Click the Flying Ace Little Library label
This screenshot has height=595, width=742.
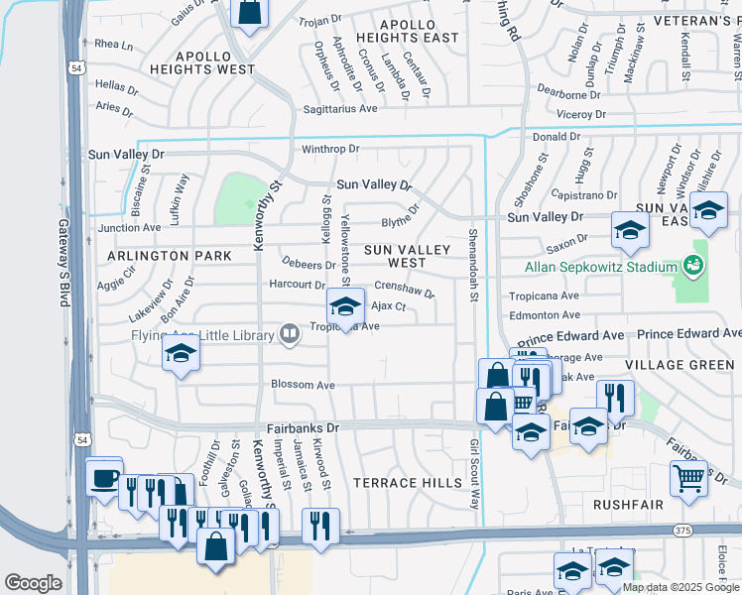pyautogui.click(x=201, y=335)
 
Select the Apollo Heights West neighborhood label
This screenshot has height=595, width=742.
pyautogui.click(x=202, y=63)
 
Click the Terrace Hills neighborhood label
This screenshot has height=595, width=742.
pyautogui.click(x=408, y=483)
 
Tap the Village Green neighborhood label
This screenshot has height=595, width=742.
pyautogui.click(x=688, y=365)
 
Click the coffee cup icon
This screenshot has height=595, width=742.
pyautogui.click(x=104, y=478)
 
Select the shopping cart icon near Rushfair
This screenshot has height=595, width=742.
pyautogui.click(x=687, y=479)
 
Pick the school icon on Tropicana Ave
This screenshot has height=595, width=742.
pyautogui.click(x=345, y=306)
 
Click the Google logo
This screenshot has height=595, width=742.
pyautogui.click(x=34, y=583)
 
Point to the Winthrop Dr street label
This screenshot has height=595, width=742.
pyautogui.click(x=330, y=150)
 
